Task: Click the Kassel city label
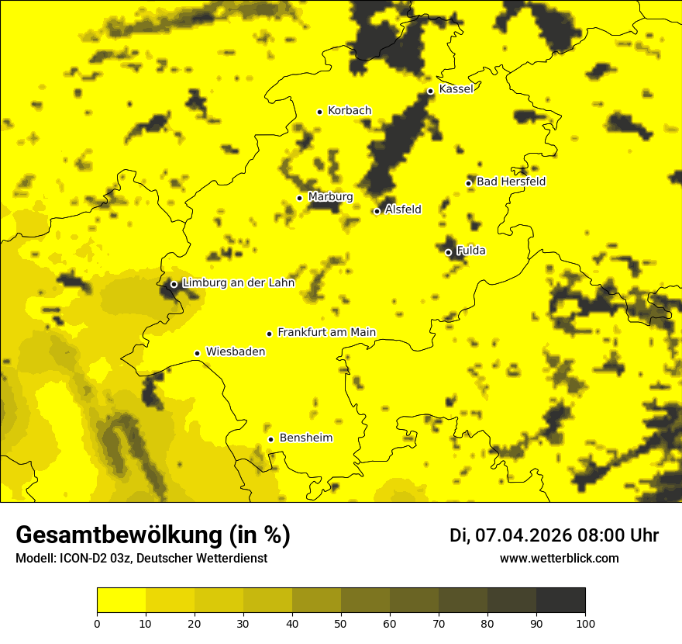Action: pos(456,89)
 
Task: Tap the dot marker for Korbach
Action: pos(319,112)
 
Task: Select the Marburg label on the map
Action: pos(330,197)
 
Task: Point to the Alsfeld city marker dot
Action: pos(377,211)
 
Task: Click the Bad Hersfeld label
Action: pos(511,182)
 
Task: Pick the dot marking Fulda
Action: pos(448,252)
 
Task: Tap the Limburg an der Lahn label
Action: pos(238,283)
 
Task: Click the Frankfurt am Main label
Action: pos(326,333)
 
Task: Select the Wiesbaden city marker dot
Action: pos(197,353)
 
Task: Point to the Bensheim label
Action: pos(305,438)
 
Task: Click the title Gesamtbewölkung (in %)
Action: pos(153,535)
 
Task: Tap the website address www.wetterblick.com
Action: pos(559,559)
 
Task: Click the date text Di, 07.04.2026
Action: pos(511,535)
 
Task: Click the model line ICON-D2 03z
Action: pos(98,559)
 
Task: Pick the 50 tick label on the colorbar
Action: pos(341,623)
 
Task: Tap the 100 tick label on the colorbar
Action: pos(585,623)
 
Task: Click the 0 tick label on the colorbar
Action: pos(97,623)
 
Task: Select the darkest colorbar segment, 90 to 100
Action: pos(560,601)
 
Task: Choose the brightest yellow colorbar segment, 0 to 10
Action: pos(121,601)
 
